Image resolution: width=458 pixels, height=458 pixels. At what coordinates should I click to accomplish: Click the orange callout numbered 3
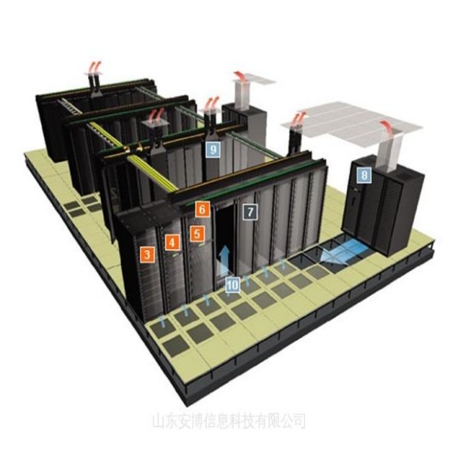147,255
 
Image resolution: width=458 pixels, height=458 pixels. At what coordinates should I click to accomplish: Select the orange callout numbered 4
172,243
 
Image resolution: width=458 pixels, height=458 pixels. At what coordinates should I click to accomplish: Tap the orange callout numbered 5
197,234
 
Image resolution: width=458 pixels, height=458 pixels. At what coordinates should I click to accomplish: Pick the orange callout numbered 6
202,210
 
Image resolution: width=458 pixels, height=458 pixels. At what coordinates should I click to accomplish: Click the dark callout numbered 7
250,212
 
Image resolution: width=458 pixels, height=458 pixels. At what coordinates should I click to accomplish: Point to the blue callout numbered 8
364,176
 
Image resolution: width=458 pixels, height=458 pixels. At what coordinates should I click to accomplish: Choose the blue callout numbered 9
213,149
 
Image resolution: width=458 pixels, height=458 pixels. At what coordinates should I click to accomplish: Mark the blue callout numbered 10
233,285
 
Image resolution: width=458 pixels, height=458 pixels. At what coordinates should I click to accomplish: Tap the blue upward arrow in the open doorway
224,259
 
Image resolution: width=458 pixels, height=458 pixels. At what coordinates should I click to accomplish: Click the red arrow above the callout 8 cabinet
387,127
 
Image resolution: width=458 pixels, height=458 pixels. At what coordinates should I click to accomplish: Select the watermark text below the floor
229,420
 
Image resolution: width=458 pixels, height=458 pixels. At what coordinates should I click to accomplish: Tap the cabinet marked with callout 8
383,204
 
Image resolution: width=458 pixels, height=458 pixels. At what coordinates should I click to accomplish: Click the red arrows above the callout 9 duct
213,103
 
